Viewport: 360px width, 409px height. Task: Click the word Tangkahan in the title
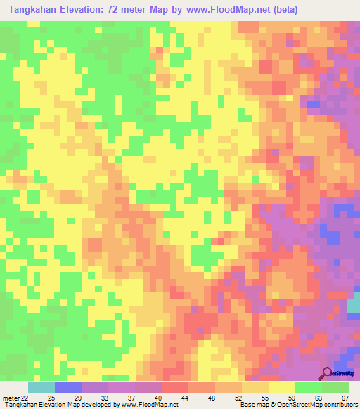tap(34, 10)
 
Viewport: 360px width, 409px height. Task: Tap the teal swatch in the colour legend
tap(41, 387)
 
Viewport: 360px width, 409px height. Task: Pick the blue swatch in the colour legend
tap(68, 387)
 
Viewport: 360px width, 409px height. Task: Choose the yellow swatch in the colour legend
tap(282, 387)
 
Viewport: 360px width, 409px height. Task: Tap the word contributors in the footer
tap(338, 405)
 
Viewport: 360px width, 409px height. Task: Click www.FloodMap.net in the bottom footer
tap(148, 405)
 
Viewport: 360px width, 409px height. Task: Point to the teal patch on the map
tap(354, 303)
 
